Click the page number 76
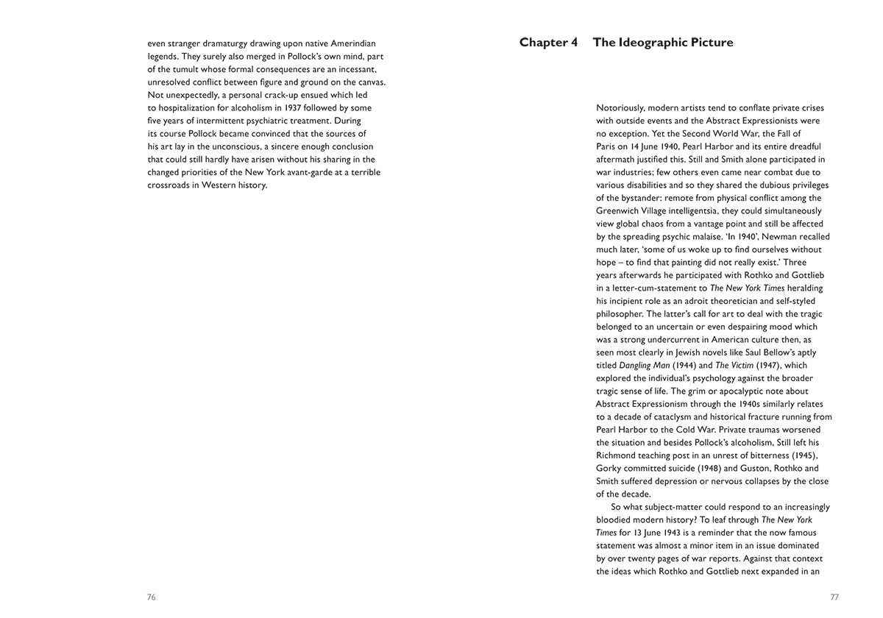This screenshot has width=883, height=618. pyautogui.click(x=152, y=597)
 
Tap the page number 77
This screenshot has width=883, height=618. pyautogui.click(x=834, y=597)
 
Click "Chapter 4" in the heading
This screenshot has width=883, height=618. pyautogui.click(x=548, y=43)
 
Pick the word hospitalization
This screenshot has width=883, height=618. pyautogui.click(x=186, y=108)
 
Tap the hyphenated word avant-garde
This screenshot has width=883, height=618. pyautogui.click(x=304, y=172)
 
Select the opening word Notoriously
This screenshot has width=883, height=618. pyautogui.click(x=620, y=108)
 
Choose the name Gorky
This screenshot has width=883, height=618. pyautogui.click(x=609, y=469)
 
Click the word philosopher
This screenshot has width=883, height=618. pyautogui.click(x=620, y=314)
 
